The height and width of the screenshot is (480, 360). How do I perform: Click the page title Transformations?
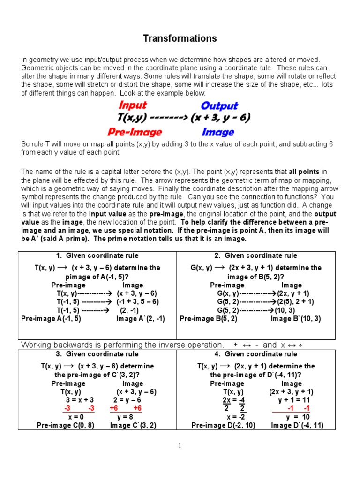180,38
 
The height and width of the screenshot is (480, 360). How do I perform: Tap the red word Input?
133,105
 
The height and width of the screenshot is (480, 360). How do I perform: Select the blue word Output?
219,106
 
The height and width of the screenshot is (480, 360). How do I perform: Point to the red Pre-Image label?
135,132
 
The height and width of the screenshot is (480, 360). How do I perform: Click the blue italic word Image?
218,133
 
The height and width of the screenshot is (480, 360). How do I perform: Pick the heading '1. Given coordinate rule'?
97,256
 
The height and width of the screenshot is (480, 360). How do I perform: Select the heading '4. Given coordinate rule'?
255,354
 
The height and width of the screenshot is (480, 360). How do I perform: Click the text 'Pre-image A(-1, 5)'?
52,319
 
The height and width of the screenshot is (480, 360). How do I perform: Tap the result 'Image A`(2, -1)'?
141,319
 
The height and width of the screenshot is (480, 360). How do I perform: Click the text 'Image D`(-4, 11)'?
297,426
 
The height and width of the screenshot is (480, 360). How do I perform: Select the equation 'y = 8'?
125,417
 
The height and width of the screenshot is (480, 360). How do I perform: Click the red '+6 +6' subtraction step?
126,408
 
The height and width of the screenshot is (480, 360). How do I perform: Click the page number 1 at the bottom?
180,446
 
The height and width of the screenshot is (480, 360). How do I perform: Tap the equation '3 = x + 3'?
80,400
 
